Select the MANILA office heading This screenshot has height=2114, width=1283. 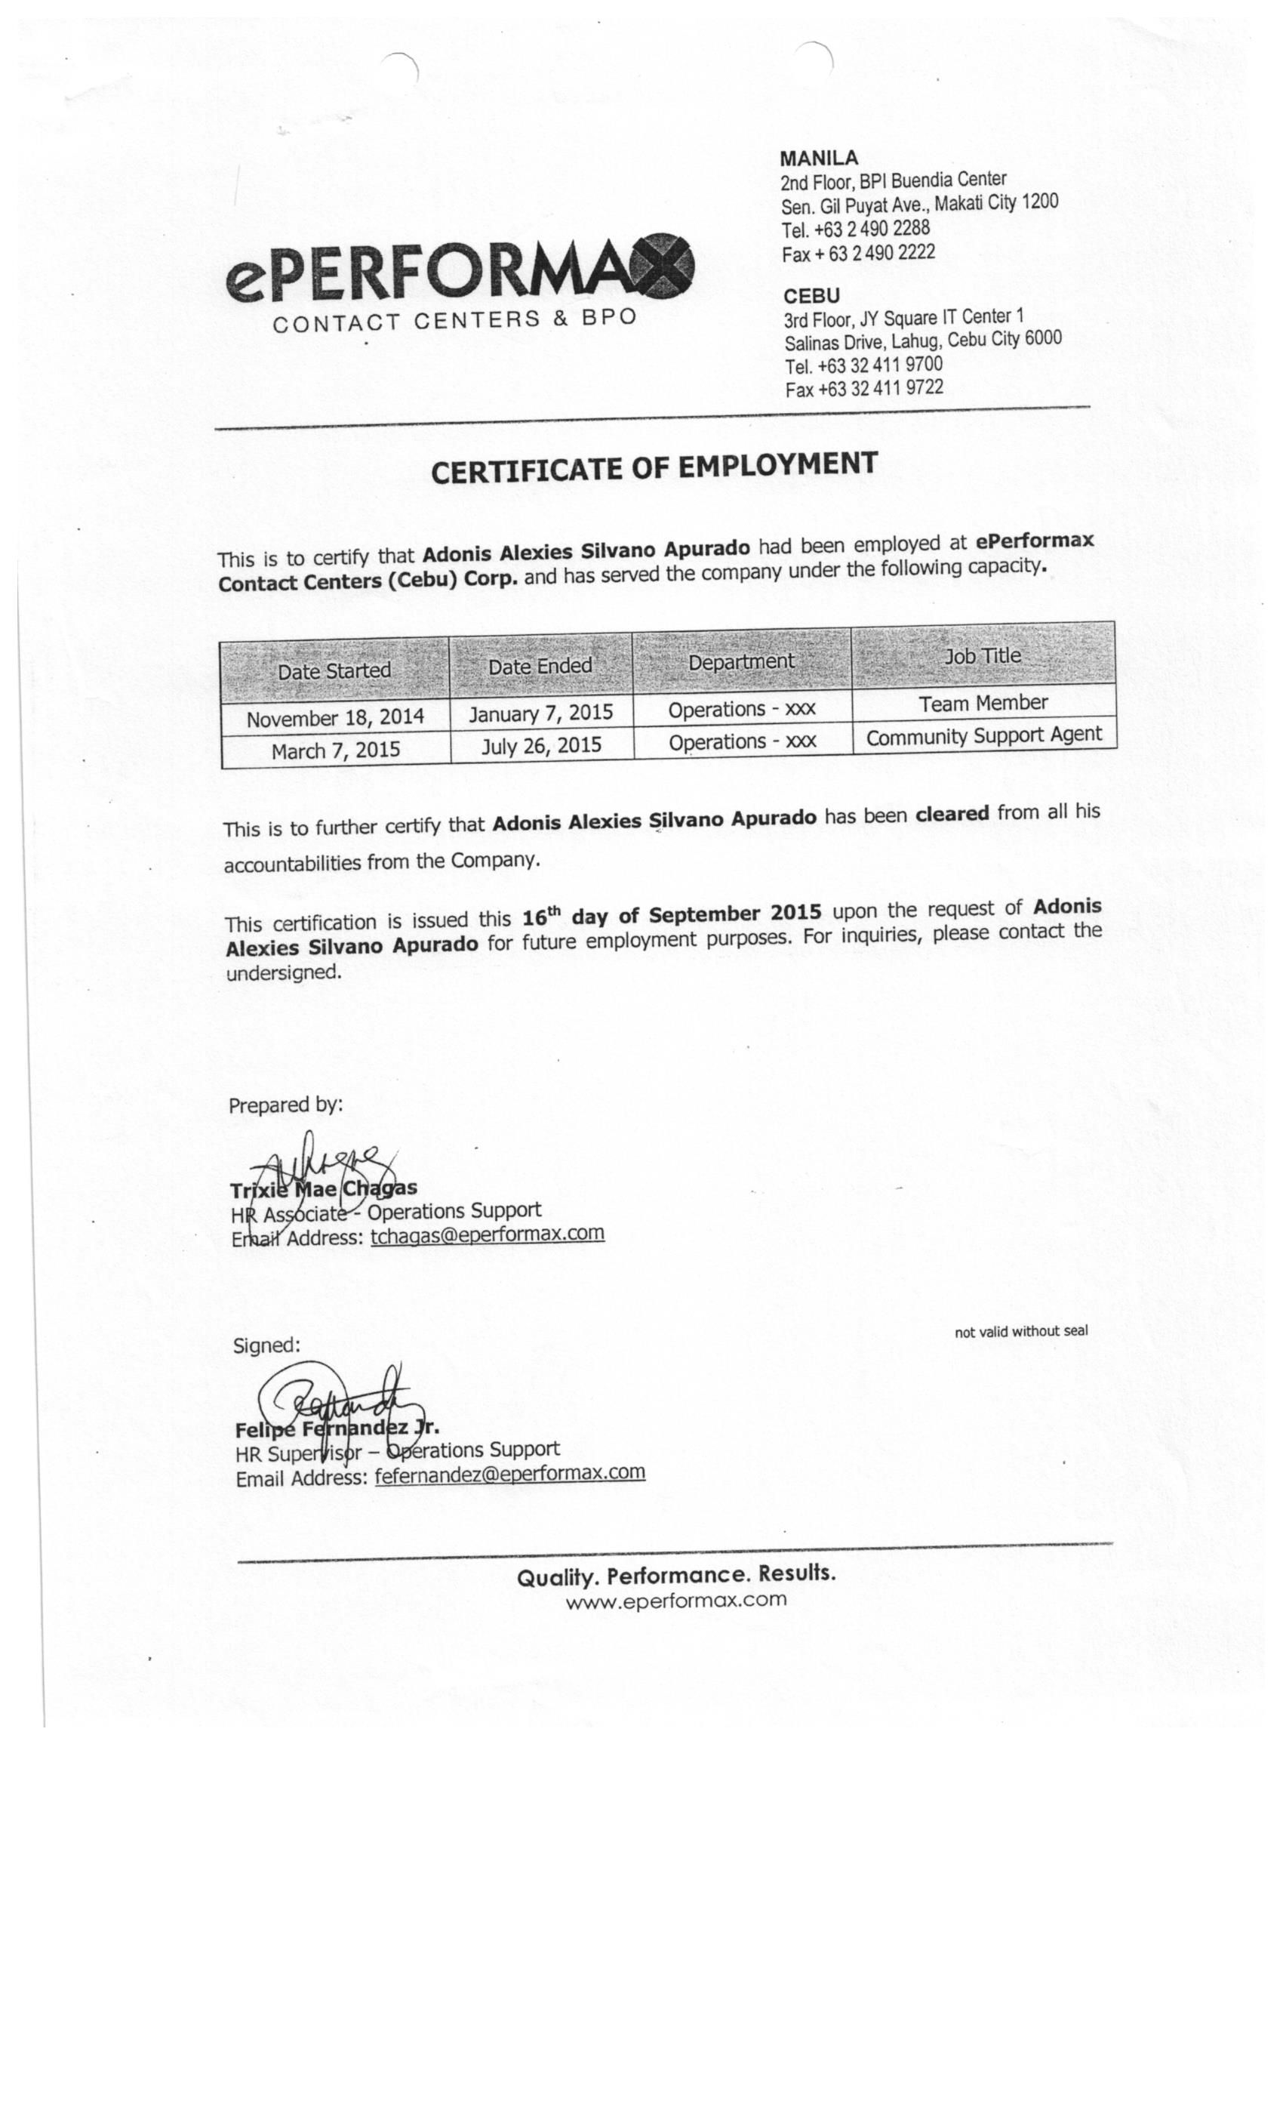coord(818,158)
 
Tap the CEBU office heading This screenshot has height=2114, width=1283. coord(811,296)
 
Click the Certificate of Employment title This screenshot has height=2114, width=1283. coord(654,467)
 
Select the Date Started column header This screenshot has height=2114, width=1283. coord(334,670)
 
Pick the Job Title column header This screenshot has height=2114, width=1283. coord(982,656)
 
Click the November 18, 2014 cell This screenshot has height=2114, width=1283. coord(334,718)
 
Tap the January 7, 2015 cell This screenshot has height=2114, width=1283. coord(540,713)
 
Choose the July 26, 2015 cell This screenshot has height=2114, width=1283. coord(540,744)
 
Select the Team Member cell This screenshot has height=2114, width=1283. coord(983,704)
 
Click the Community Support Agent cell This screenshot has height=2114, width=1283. coord(983,736)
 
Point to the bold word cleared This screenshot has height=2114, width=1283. coord(952,812)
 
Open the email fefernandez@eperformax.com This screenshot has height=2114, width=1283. coord(509,1473)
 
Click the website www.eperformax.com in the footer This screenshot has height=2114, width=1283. coord(675,1600)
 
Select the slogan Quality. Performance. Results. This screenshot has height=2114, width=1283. coord(675,1575)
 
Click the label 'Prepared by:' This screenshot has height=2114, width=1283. coord(285,1105)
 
